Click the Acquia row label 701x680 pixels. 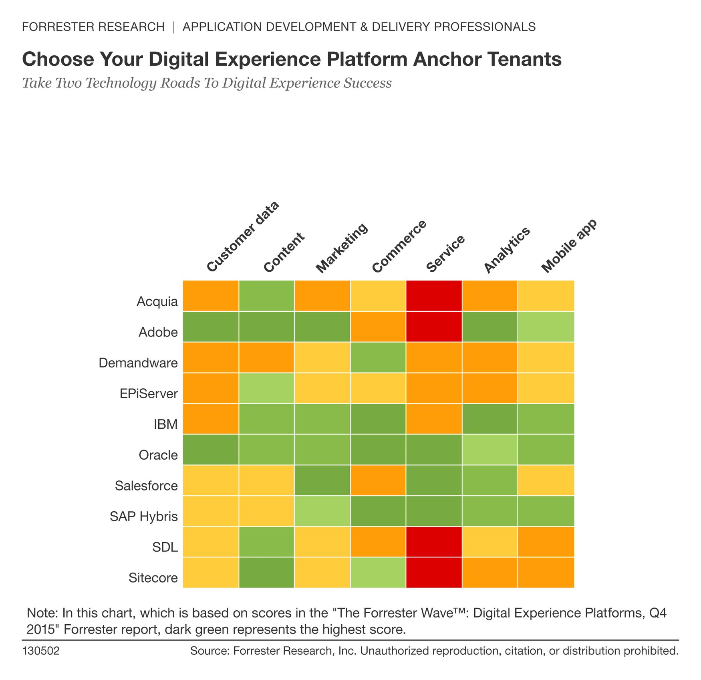coord(157,301)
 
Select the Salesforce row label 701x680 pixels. coord(146,486)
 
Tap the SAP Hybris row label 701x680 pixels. coord(144,517)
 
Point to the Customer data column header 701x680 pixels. coord(242,237)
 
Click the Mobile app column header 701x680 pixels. coord(569,246)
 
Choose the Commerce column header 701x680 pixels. coord(399,246)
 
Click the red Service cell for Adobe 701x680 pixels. coord(434,327)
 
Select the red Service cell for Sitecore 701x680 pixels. coord(434,572)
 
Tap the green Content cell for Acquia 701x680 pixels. coord(266,296)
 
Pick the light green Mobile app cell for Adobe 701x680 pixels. coord(546,327)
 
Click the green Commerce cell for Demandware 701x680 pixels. coord(378,357)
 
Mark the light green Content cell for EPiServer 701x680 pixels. coord(266,388)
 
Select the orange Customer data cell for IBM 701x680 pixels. coord(211,419)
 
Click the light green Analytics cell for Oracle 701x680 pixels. coord(490,450)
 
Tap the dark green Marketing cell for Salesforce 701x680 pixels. coord(322,480)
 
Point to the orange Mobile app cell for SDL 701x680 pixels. coord(546,542)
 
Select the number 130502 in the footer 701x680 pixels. coord(41,651)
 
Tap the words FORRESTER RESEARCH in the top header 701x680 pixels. coord(93,27)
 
